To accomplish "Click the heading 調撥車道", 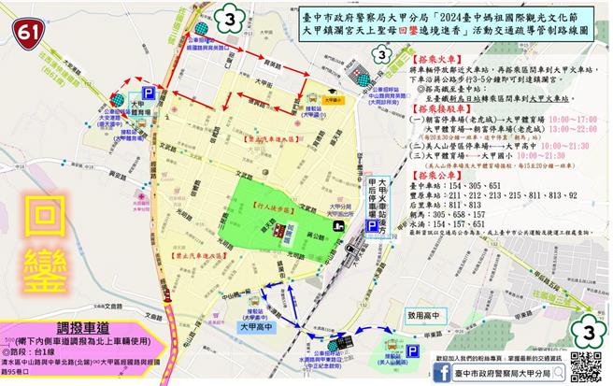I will pyautogui.click(x=82, y=328).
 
